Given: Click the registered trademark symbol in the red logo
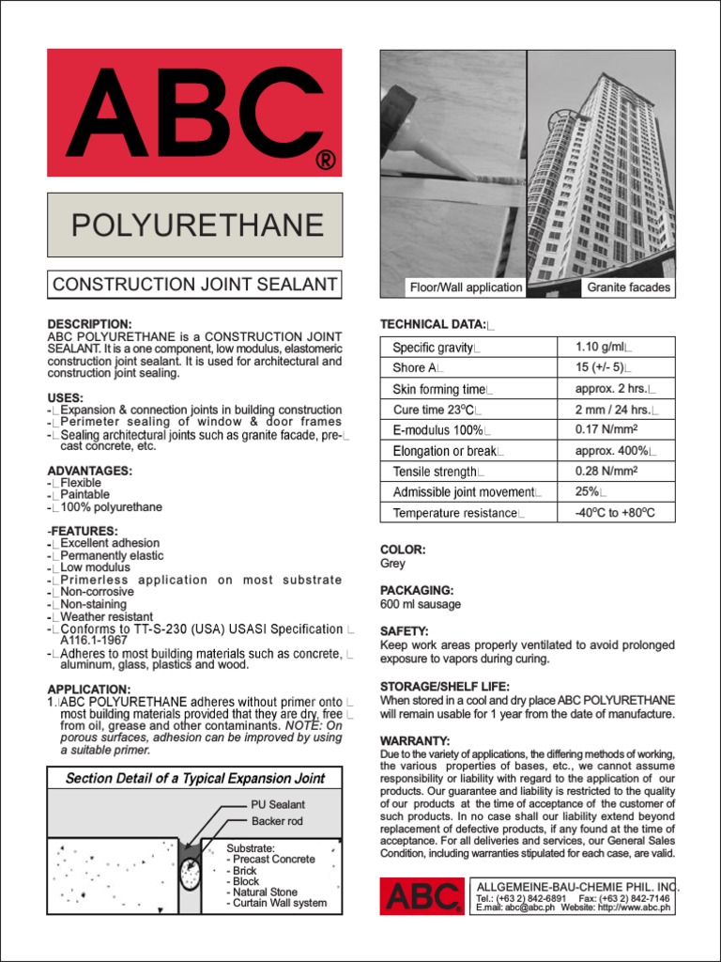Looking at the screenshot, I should click(324, 159).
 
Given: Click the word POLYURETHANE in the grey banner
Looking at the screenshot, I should click(198, 225).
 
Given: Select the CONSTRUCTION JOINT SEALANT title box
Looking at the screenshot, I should click(195, 285).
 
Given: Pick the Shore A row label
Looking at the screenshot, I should click(416, 368).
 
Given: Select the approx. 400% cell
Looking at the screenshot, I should click(615, 451).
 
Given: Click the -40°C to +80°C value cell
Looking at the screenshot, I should click(615, 513).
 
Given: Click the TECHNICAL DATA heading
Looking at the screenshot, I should click(433, 324).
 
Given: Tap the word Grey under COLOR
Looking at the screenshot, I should click(392, 564).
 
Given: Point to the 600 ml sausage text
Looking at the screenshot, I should click(421, 604).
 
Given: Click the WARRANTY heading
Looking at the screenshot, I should click(415, 741).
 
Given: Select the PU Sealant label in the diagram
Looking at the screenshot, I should click(278, 805).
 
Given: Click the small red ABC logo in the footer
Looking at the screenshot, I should click(422, 896).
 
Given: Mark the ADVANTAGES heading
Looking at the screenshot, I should click(90, 471).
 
